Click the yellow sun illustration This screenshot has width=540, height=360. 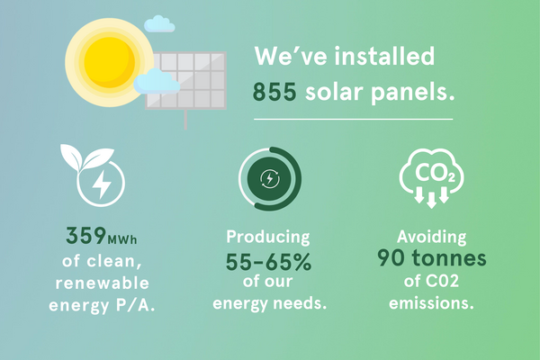pyautogui.click(x=110, y=63)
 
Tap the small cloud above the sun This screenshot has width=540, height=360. pyautogui.click(x=159, y=24)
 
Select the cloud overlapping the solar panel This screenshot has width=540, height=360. pyautogui.click(x=157, y=82)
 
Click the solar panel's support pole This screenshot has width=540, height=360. pyautogui.click(x=185, y=120)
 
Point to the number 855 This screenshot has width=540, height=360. pyautogui.click(x=274, y=92)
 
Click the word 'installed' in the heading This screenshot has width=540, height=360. pyautogui.click(x=384, y=56)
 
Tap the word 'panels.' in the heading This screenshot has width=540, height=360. pyautogui.click(x=413, y=93)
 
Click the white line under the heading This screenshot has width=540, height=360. pyautogui.click(x=354, y=119)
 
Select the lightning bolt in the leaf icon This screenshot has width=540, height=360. pyautogui.click(x=101, y=184)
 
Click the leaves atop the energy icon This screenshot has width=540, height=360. pyautogui.click(x=86, y=157)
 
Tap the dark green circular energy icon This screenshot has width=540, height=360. pyautogui.click(x=270, y=179)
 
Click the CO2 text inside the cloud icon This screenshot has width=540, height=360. pyautogui.click(x=435, y=172)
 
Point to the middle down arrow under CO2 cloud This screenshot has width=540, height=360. pyautogui.click(x=431, y=200)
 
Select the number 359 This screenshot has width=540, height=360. pyautogui.click(x=86, y=236)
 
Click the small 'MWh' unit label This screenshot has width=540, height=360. pyautogui.click(x=122, y=239)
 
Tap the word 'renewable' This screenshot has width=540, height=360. pyautogui.click(x=103, y=283)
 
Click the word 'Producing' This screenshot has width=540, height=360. pyautogui.click(x=268, y=238)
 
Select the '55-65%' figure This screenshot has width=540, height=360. pyautogui.click(x=268, y=262)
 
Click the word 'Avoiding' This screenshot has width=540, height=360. pyautogui.click(x=431, y=237)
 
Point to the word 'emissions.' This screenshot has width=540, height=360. pyautogui.click(x=431, y=303)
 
